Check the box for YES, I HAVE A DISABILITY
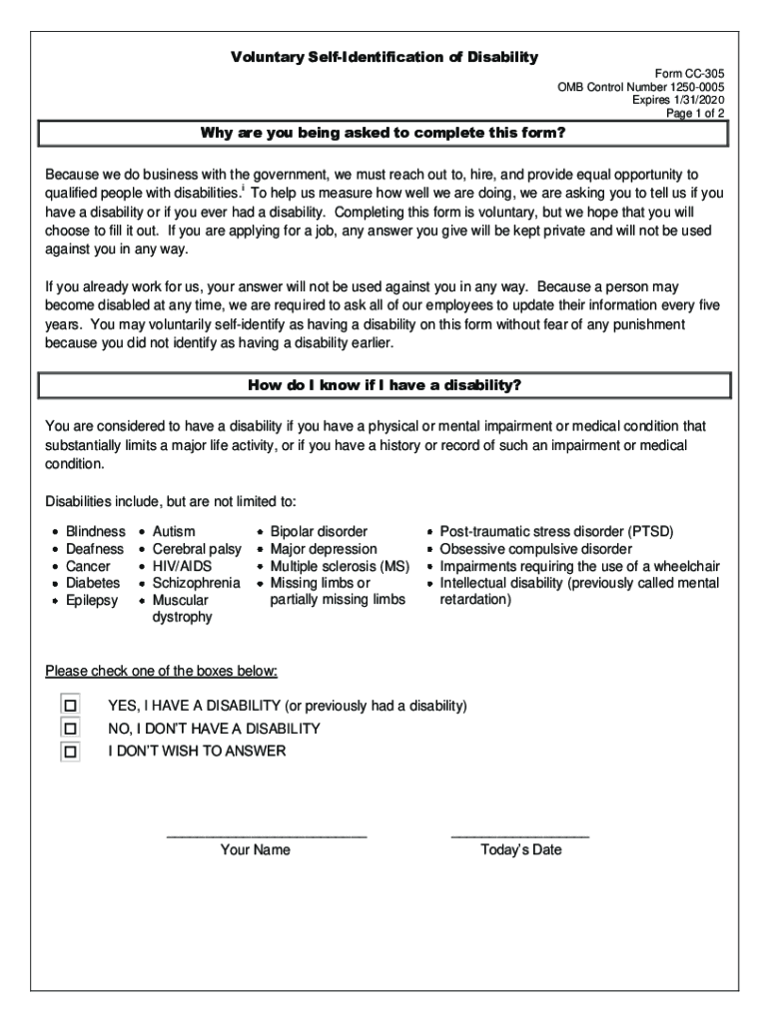pyautogui.click(x=70, y=706)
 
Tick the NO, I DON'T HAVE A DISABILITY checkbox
pyautogui.click(x=70, y=729)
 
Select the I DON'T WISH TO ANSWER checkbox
pyautogui.click(x=70, y=752)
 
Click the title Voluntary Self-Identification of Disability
pyautogui.click(x=384, y=57)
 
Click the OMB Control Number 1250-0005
pyautogui.click(x=641, y=88)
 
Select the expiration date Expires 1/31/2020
pyautogui.click(x=678, y=101)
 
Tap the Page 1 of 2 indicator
pyautogui.click(x=695, y=114)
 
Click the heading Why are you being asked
pyautogui.click(x=384, y=134)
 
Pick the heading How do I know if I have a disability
pyautogui.click(x=384, y=385)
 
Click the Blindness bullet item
pyautogui.click(x=95, y=532)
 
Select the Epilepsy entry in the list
pyautogui.click(x=91, y=600)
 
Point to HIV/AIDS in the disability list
pyautogui.click(x=182, y=566)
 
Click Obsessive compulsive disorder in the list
pyautogui.click(x=535, y=549)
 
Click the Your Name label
pyautogui.click(x=256, y=850)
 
